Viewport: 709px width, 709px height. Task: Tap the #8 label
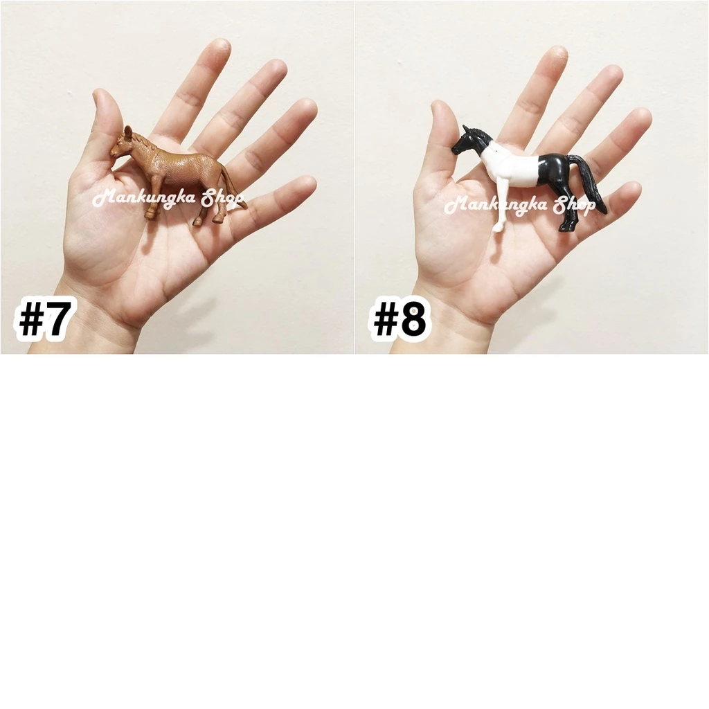click(398, 319)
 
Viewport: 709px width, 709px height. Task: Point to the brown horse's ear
click(128, 132)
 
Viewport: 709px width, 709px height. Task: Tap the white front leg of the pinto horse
click(502, 204)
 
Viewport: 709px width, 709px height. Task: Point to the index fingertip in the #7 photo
click(219, 48)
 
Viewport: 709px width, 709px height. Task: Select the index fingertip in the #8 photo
click(557, 54)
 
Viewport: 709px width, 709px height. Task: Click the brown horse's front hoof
click(150, 213)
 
